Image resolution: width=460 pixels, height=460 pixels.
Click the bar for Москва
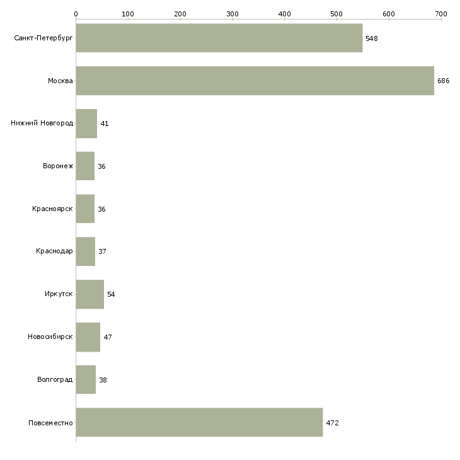(255, 81)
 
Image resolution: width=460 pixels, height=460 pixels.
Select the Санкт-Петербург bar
(219, 38)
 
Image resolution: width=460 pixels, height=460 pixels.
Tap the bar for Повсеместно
(200, 422)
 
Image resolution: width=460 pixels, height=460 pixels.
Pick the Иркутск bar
(89, 294)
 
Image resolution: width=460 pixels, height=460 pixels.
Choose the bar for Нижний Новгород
(86, 124)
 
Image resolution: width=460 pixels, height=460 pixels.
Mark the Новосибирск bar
(88, 337)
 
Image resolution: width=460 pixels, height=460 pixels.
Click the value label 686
(443, 81)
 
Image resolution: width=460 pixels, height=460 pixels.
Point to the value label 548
(371, 38)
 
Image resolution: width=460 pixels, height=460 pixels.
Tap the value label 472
(332, 423)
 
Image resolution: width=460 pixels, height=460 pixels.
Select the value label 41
(105, 124)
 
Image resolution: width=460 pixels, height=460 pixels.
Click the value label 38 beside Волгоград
(103, 380)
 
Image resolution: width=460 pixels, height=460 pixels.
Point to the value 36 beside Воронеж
(101, 166)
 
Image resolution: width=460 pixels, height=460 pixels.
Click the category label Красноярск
(52, 209)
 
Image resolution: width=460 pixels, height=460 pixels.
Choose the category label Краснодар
(54, 251)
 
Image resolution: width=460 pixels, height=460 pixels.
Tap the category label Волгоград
(55, 379)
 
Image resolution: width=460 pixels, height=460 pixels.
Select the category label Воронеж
(58, 166)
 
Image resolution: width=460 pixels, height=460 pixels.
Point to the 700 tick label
(441, 14)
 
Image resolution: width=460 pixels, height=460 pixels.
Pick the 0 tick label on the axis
(76, 14)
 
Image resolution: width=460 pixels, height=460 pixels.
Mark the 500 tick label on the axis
(336, 14)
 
